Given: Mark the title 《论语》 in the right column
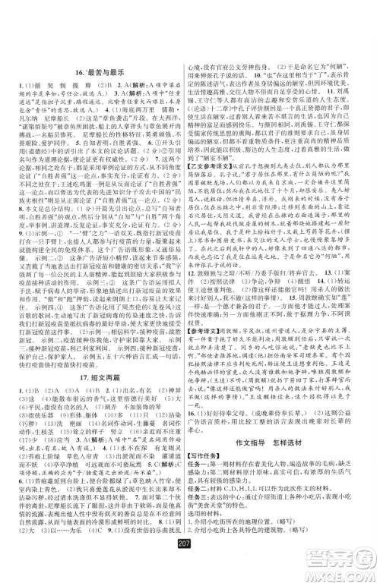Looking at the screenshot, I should click(215, 108).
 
